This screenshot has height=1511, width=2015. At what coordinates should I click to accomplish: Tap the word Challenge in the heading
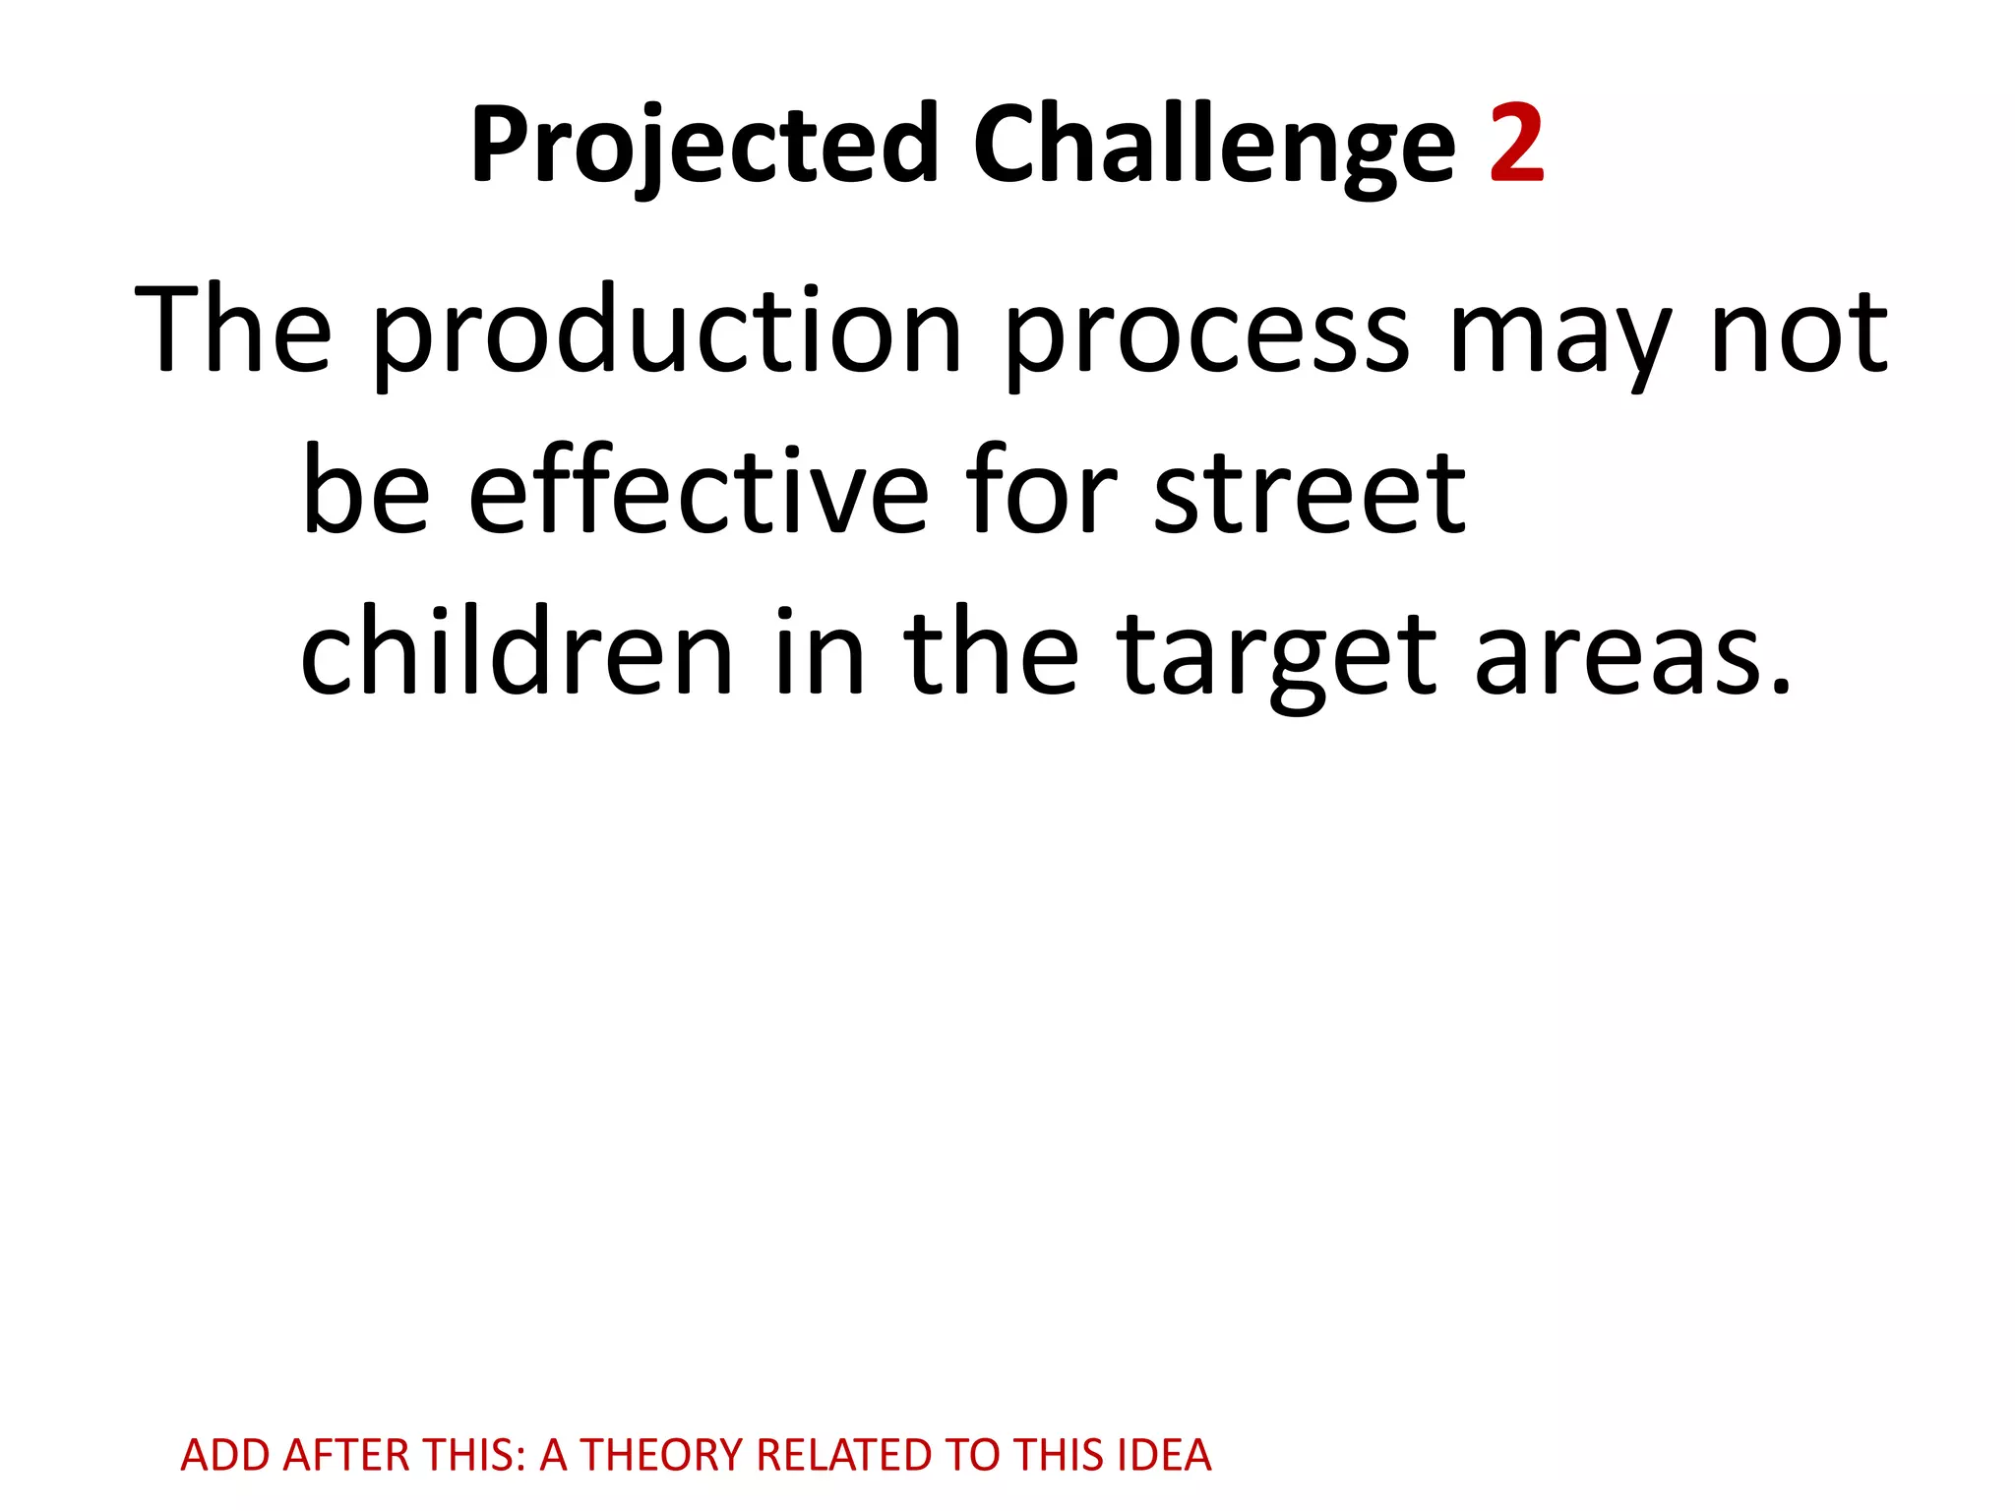tap(1213, 146)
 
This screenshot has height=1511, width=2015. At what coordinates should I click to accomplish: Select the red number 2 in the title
tap(1516, 146)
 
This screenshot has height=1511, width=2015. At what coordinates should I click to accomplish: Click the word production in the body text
tap(666, 332)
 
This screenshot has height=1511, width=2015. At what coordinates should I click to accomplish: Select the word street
tap(1310, 492)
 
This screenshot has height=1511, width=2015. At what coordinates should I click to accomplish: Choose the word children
tap(518, 651)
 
